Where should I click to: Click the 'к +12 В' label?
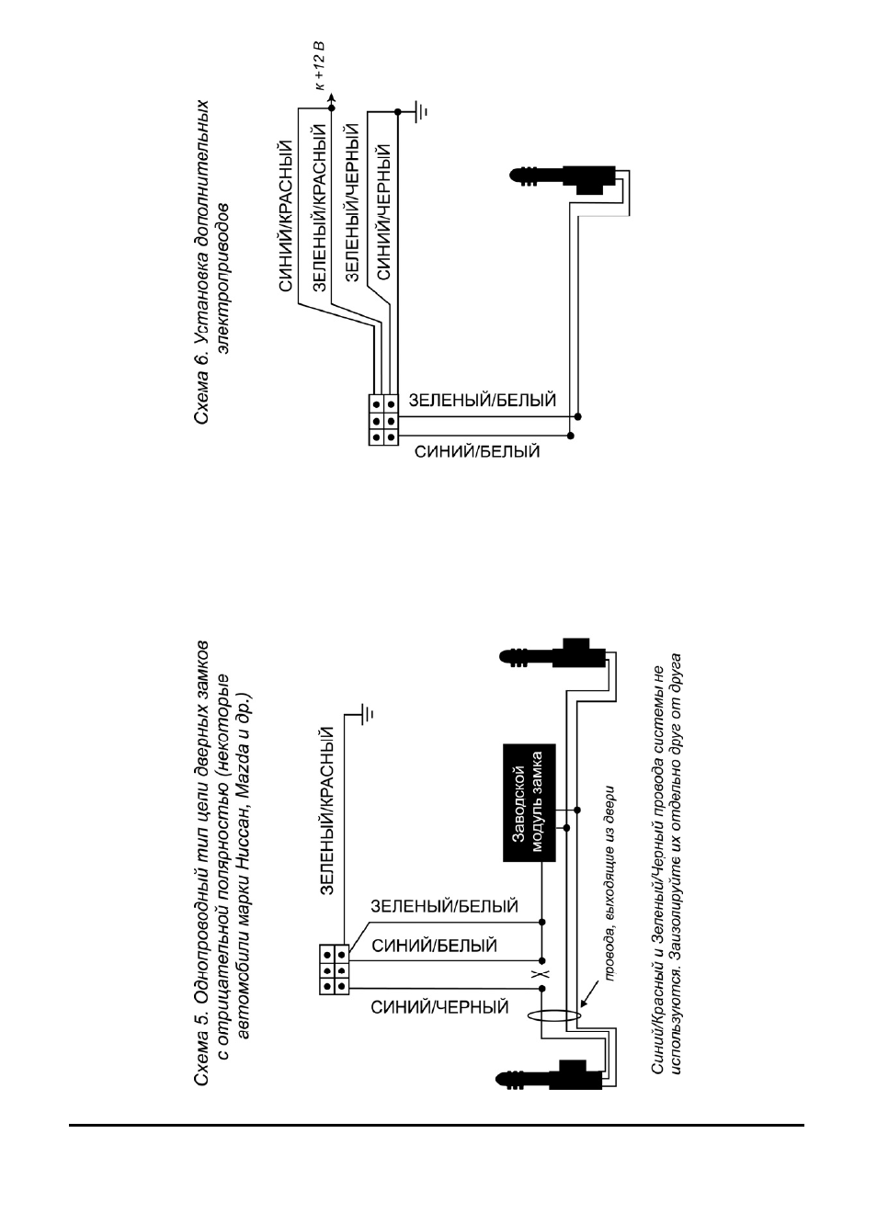click(x=320, y=64)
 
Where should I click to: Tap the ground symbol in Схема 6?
click(x=420, y=112)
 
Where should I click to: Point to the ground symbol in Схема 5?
click(x=366, y=715)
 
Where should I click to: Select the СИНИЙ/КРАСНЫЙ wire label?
click(x=287, y=216)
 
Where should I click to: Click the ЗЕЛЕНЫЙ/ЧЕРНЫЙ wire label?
click(x=352, y=202)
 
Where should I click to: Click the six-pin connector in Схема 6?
click(x=383, y=420)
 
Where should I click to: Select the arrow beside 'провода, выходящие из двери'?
click(x=589, y=992)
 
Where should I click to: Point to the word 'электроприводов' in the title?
click(x=223, y=278)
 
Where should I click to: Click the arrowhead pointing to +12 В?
click(x=332, y=98)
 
